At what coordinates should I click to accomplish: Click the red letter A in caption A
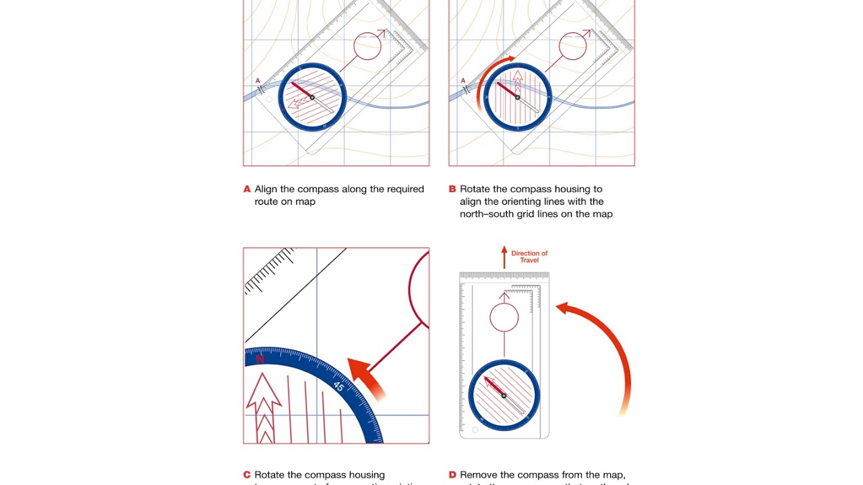[247, 189]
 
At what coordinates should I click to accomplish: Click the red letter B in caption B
[452, 189]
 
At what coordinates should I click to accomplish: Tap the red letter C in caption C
[247, 475]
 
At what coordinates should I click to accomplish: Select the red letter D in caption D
[452, 475]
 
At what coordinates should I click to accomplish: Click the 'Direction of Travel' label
[529, 257]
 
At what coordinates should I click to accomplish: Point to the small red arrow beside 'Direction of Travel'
[504, 257]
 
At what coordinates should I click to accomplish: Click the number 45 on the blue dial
[338, 387]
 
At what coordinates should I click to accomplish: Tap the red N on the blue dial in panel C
[260, 360]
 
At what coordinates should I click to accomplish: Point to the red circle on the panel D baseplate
[504, 317]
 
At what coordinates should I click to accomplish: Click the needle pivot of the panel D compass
[504, 395]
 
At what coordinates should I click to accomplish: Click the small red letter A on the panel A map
[258, 81]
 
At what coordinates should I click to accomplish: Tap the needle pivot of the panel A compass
[312, 98]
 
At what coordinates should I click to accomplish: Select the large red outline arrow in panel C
[264, 408]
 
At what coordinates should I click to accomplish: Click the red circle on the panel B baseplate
[573, 46]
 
